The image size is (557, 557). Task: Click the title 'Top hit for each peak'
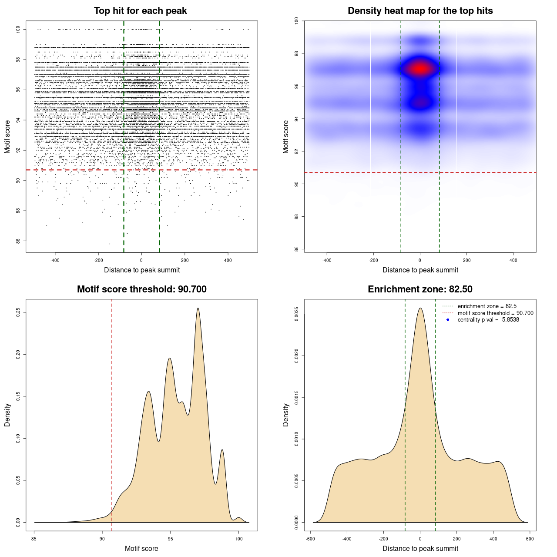(140, 11)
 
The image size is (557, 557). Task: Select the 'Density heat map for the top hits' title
(420, 11)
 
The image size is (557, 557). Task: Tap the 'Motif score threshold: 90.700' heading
(141, 289)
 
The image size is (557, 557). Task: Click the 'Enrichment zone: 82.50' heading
(420, 289)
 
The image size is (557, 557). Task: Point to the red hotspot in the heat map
(420, 69)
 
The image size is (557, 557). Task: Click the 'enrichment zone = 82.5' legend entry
(487, 306)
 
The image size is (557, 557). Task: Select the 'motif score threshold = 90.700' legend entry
(495, 313)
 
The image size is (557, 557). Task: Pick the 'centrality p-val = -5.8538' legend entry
(488, 320)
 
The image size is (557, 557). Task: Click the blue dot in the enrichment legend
(448, 320)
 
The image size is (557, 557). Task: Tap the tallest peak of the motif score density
(198, 309)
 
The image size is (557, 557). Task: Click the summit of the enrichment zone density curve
(420, 309)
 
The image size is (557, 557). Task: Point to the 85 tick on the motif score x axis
(34, 539)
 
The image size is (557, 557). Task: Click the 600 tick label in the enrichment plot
(530, 539)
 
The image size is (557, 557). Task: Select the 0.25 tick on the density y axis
(18, 312)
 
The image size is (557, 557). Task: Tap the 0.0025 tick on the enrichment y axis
(296, 314)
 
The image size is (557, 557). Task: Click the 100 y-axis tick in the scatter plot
(18, 29)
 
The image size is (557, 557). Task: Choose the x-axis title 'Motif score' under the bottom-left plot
(141, 548)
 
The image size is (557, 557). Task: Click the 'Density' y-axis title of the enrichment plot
(286, 415)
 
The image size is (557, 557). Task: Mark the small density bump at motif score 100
(238, 518)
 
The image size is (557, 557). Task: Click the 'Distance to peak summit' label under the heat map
(420, 270)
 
